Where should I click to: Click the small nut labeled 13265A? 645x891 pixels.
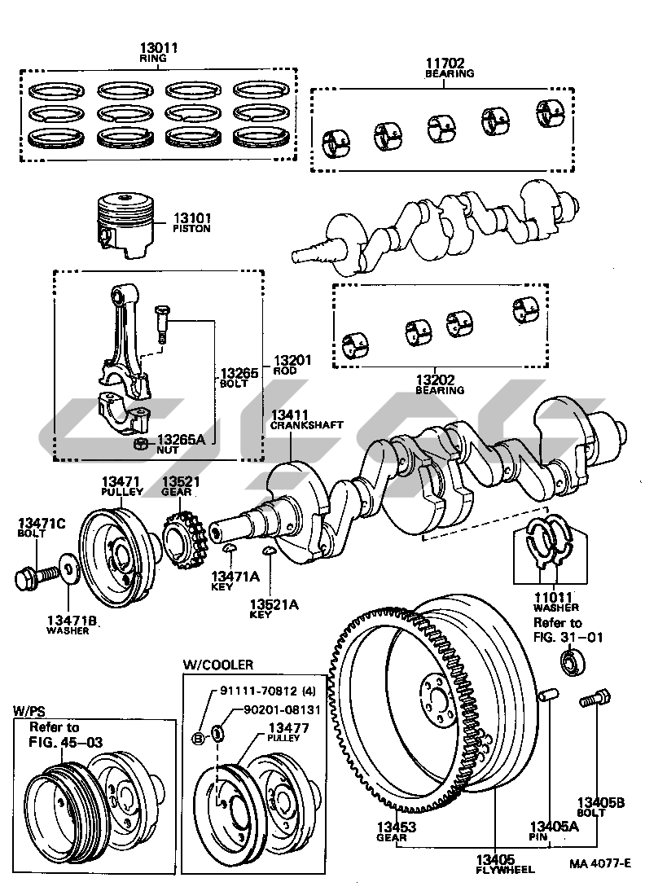point(140,443)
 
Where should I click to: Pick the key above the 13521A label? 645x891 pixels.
point(269,553)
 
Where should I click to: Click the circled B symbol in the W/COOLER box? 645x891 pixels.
point(198,738)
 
